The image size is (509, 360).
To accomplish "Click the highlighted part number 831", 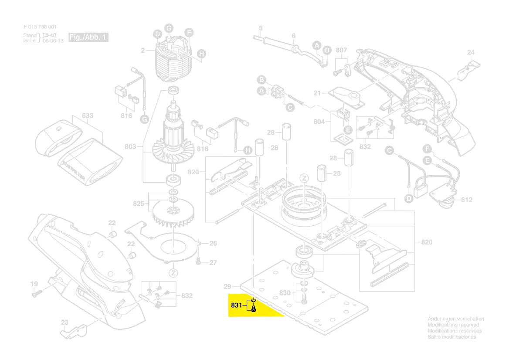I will click(x=236, y=306).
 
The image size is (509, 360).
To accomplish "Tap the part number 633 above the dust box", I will click(x=88, y=116).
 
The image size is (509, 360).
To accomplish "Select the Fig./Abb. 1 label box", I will click(x=88, y=37).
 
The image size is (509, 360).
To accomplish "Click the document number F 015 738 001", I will click(x=40, y=27).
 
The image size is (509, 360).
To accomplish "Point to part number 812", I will click(x=466, y=200).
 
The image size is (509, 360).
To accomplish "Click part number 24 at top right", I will click(x=471, y=53).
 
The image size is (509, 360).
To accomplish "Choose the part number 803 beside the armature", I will click(x=130, y=147).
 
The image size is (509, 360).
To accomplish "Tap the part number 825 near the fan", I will click(x=139, y=204).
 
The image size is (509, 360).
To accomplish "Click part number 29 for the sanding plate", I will click(x=227, y=286).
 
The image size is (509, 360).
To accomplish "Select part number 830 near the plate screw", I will click(x=285, y=292).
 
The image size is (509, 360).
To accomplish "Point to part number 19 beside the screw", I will click(x=34, y=284).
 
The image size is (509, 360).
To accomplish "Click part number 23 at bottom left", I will click(x=64, y=323).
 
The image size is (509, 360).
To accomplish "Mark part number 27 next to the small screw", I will click(x=213, y=263).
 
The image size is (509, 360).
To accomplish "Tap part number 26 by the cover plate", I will click(x=213, y=244).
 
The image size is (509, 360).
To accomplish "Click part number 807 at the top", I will click(x=341, y=50).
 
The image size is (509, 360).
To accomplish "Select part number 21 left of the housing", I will click(x=317, y=93).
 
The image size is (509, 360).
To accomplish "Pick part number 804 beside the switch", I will click(x=319, y=122).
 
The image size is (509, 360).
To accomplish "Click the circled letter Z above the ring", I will click(x=305, y=178).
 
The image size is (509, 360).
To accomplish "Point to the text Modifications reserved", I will click(x=453, y=325).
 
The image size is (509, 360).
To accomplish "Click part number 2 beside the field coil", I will click(x=142, y=51).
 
